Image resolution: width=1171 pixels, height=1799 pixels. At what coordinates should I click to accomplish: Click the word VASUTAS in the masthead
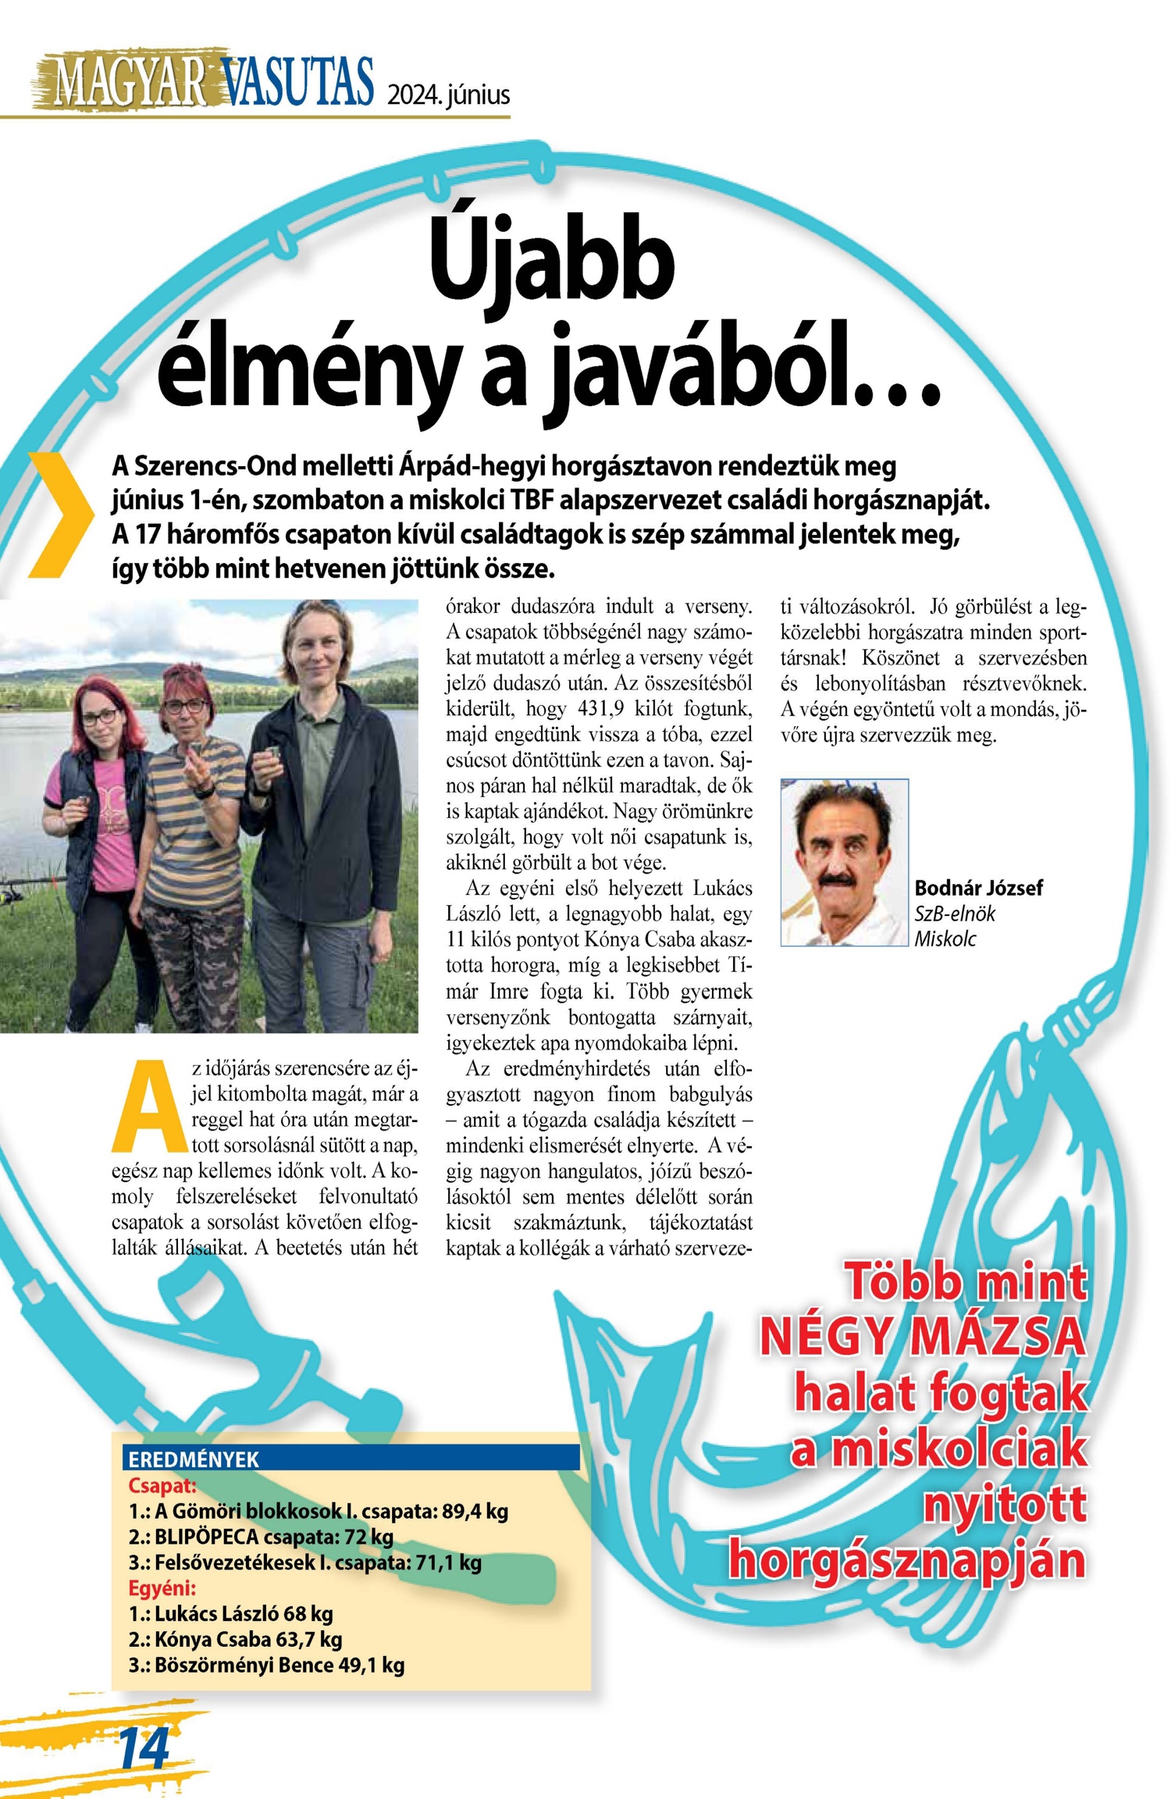tap(297, 82)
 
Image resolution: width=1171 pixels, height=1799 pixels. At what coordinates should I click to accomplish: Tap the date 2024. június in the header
tap(448, 95)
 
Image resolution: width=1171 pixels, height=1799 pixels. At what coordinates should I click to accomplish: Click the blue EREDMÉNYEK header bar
tap(351, 1459)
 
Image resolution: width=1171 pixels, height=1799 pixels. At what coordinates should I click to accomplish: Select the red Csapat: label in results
tap(162, 1485)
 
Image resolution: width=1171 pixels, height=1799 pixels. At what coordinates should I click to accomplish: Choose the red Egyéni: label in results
tap(162, 1587)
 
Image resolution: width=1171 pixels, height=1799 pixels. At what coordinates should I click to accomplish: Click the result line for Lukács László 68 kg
tap(231, 1613)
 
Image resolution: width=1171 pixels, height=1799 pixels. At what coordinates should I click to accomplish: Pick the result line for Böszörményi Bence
tap(266, 1665)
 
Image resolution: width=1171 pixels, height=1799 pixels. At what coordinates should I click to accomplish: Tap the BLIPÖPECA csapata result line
tap(261, 1537)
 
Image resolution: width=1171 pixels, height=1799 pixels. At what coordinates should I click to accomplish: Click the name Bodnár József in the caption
tap(978, 888)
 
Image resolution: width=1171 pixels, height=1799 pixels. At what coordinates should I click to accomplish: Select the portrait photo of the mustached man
tap(844, 862)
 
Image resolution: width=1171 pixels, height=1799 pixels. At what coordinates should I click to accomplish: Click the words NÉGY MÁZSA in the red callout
tap(923, 1336)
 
